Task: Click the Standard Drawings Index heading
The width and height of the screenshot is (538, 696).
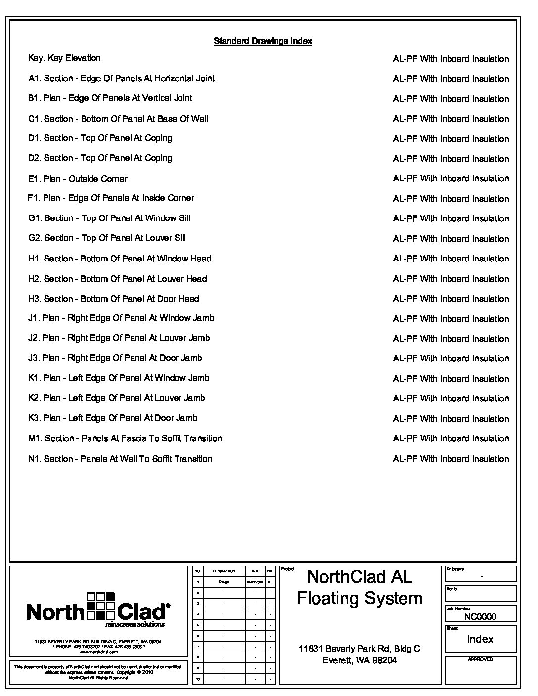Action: [263, 41]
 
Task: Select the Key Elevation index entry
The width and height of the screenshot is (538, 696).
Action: [64, 58]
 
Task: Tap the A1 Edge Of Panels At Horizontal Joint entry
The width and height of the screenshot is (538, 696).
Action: [121, 78]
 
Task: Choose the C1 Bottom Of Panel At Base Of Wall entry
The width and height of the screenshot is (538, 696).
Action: [118, 119]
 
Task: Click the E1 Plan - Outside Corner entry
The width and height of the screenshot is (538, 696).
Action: [78, 179]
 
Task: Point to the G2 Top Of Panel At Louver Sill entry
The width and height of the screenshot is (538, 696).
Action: [107, 238]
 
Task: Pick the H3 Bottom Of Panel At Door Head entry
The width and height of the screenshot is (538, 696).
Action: [113, 299]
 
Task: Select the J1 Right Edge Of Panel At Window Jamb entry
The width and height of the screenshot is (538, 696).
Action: [121, 318]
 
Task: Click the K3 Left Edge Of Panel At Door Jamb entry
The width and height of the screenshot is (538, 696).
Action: [113, 418]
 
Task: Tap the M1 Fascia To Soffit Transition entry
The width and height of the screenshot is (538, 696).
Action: [125, 438]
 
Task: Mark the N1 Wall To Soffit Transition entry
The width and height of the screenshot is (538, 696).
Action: [120, 459]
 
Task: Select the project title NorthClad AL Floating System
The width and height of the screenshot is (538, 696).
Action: [359, 587]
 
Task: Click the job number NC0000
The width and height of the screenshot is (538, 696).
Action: [480, 616]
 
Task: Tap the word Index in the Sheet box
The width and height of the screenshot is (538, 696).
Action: [480, 639]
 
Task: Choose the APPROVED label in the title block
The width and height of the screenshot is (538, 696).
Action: [480, 659]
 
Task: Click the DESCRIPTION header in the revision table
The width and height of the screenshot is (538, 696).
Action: [224, 571]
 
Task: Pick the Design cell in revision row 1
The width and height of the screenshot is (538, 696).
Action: [224, 582]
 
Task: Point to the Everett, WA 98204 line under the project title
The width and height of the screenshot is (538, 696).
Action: [359, 660]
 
